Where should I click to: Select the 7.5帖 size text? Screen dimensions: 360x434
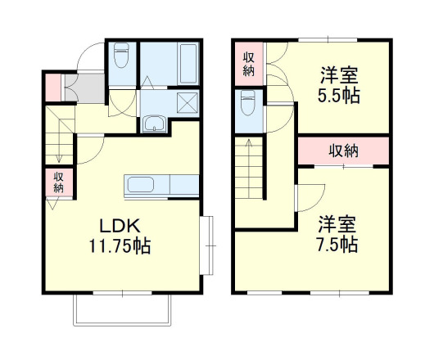pos(337,243)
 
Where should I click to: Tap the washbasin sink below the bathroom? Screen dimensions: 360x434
pos(154,125)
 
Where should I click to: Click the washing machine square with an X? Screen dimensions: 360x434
pos(187,104)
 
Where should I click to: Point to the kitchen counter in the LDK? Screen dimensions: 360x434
pos(162,185)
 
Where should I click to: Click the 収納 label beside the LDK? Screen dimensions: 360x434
pos(59,182)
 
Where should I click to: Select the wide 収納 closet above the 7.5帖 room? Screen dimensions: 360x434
pos(343,151)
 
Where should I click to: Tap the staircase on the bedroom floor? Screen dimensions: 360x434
pos(250,168)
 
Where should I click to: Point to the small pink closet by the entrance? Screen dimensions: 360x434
pos(52,87)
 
